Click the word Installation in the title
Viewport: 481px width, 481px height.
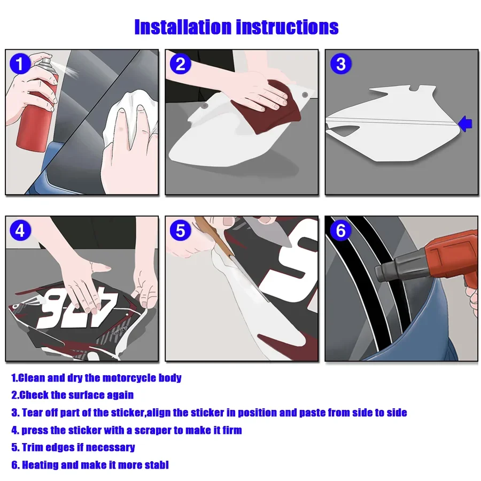(183, 27)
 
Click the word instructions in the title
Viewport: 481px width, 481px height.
(287, 27)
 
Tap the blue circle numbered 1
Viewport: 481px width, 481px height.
(20, 64)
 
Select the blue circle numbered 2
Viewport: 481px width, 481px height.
(181, 64)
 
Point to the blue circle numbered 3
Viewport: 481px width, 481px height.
(340, 64)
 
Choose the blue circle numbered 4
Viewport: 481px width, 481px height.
(20, 230)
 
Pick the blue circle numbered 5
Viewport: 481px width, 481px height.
(181, 230)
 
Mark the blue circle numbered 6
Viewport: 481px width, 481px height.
(340, 230)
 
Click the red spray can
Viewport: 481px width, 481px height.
(37, 107)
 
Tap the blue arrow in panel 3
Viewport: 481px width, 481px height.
(465, 124)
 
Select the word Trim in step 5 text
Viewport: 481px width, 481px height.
(32, 447)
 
